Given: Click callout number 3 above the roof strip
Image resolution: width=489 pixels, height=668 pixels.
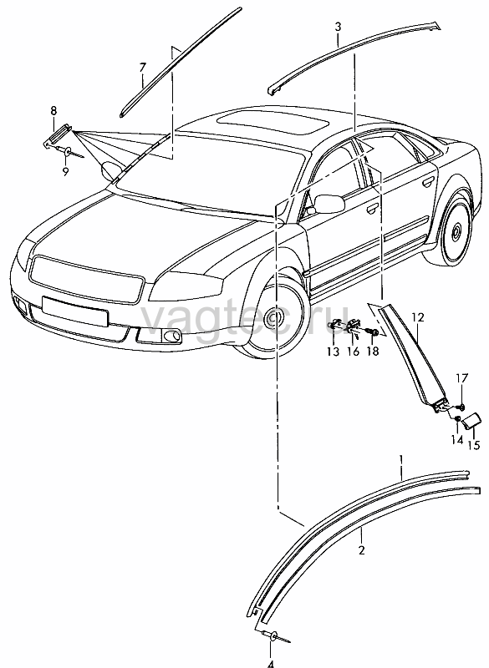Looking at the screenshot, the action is (x=338, y=27).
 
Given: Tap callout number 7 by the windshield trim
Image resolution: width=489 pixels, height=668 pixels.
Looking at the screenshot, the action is (x=143, y=68).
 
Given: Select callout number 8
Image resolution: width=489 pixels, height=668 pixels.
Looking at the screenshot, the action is (x=53, y=111).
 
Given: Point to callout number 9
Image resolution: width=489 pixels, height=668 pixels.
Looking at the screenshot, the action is (x=65, y=172).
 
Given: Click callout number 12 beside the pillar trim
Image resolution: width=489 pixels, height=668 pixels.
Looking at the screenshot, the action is (x=418, y=317).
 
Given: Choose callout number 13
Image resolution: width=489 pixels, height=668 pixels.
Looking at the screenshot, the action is (x=333, y=352).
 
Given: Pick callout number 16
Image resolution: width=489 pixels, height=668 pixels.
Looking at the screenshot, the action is (x=354, y=352).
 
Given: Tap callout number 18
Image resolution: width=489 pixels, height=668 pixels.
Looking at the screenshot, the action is (x=372, y=351).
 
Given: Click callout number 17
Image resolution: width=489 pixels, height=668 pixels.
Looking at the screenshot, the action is (x=461, y=378).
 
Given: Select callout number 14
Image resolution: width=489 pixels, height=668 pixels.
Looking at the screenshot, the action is (x=457, y=439).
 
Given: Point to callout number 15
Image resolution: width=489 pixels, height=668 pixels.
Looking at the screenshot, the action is (x=474, y=445).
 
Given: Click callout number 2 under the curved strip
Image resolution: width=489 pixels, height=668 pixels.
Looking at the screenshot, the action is (x=362, y=550).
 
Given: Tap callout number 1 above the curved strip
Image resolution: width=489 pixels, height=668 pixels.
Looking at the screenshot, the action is (x=400, y=460).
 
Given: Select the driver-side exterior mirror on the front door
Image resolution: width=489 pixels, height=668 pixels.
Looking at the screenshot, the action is (x=329, y=204).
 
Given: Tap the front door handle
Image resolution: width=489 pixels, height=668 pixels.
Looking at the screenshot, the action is (x=372, y=208).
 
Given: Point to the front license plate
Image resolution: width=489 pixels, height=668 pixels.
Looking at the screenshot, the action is (x=75, y=311).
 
